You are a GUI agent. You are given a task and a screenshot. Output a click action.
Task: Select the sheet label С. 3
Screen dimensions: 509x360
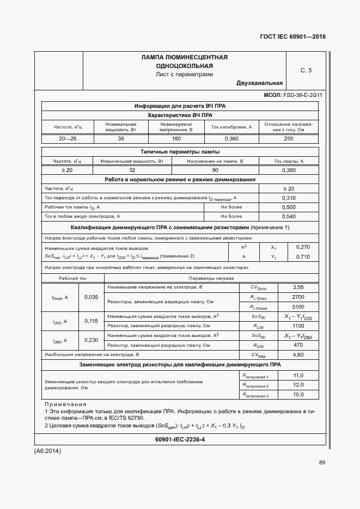pos(306,70)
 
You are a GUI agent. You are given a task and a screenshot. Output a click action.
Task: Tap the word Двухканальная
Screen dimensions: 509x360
pos(259,83)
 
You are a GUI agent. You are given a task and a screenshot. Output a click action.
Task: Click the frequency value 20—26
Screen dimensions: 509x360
pos(68,138)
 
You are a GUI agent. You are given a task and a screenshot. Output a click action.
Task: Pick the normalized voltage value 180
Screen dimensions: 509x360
pos(176,138)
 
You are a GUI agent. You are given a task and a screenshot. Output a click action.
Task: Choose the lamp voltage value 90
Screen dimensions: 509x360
pos(215,170)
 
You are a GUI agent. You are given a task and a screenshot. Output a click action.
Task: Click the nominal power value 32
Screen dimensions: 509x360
pos(132,170)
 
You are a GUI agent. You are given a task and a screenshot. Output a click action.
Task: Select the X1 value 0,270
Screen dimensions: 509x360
pos(302,247)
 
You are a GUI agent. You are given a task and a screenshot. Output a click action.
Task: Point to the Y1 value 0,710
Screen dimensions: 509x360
pos(302,256)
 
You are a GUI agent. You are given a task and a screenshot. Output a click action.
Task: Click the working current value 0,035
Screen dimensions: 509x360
pos(91,297)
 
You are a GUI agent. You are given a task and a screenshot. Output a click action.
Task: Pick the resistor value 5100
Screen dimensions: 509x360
pos(298,306)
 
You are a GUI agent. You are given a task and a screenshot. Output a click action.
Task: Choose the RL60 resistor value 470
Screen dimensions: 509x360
pos(298,345)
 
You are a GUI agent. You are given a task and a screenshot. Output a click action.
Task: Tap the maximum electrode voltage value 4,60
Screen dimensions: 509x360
pos(298,355)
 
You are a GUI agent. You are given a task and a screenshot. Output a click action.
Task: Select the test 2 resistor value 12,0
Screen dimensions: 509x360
pos(298,385)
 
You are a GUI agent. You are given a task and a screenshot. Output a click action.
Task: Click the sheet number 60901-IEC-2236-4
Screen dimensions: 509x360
pos(180,439)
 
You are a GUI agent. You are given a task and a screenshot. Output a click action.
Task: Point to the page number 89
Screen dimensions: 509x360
pos(322,463)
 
